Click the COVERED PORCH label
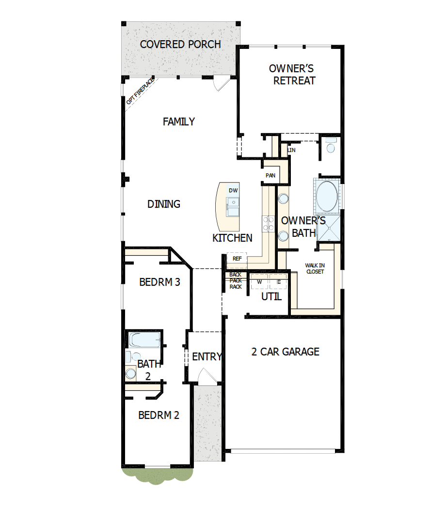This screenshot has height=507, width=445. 180,45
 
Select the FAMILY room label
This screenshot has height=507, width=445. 179,122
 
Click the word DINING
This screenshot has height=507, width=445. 164,204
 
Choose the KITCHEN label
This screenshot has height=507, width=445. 232,238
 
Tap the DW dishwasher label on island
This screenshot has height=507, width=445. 233,191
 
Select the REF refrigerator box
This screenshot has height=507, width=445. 237,259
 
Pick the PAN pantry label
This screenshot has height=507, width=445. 270,175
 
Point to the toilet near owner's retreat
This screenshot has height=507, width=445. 331,146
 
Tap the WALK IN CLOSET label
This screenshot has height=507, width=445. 315,268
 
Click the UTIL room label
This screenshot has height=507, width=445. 271,297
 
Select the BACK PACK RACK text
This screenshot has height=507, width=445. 236,281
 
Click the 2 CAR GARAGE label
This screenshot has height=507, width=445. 285,352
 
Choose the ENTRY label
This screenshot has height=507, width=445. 207,357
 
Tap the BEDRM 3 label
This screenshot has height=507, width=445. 159,282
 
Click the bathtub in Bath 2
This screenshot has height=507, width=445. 144,340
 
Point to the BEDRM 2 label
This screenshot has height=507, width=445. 159,415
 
